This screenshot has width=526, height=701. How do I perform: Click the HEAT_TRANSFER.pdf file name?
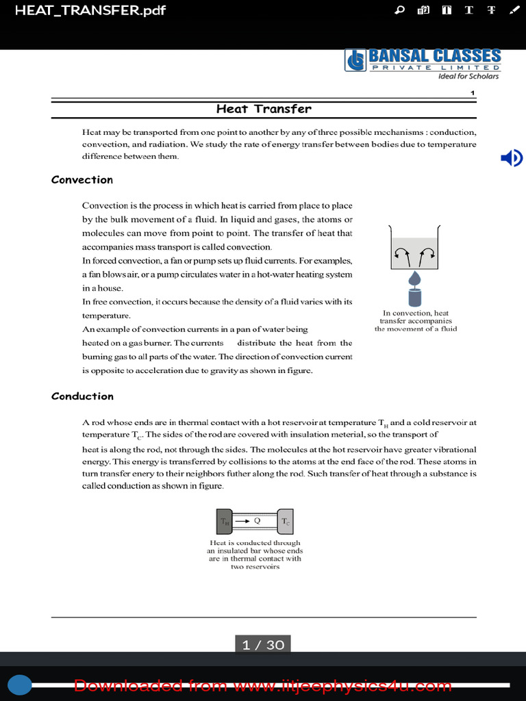tap(90, 10)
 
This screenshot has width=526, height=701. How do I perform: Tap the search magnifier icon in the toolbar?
tap(400, 10)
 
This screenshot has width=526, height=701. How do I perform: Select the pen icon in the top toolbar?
tap(514, 10)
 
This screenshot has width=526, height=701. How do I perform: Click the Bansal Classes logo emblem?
tap(355, 60)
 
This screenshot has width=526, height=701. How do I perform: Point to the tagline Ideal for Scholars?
tap(468, 76)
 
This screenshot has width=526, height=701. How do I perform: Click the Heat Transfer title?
tap(264, 109)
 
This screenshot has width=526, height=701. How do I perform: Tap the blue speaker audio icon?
tap(511, 159)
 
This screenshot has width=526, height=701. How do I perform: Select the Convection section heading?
tap(82, 180)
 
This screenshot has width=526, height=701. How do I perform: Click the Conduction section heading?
tap(82, 396)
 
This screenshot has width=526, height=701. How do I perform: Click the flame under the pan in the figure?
tap(415, 279)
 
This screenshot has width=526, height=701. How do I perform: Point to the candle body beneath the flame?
tap(415, 298)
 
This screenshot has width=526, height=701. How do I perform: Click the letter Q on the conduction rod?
tap(257, 520)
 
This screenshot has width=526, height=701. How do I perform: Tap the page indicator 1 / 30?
tap(263, 645)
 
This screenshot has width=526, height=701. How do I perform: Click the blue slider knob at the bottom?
tap(20, 685)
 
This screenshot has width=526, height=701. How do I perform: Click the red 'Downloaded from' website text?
tap(263, 686)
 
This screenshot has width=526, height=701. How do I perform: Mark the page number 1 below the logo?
tap(473, 93)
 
